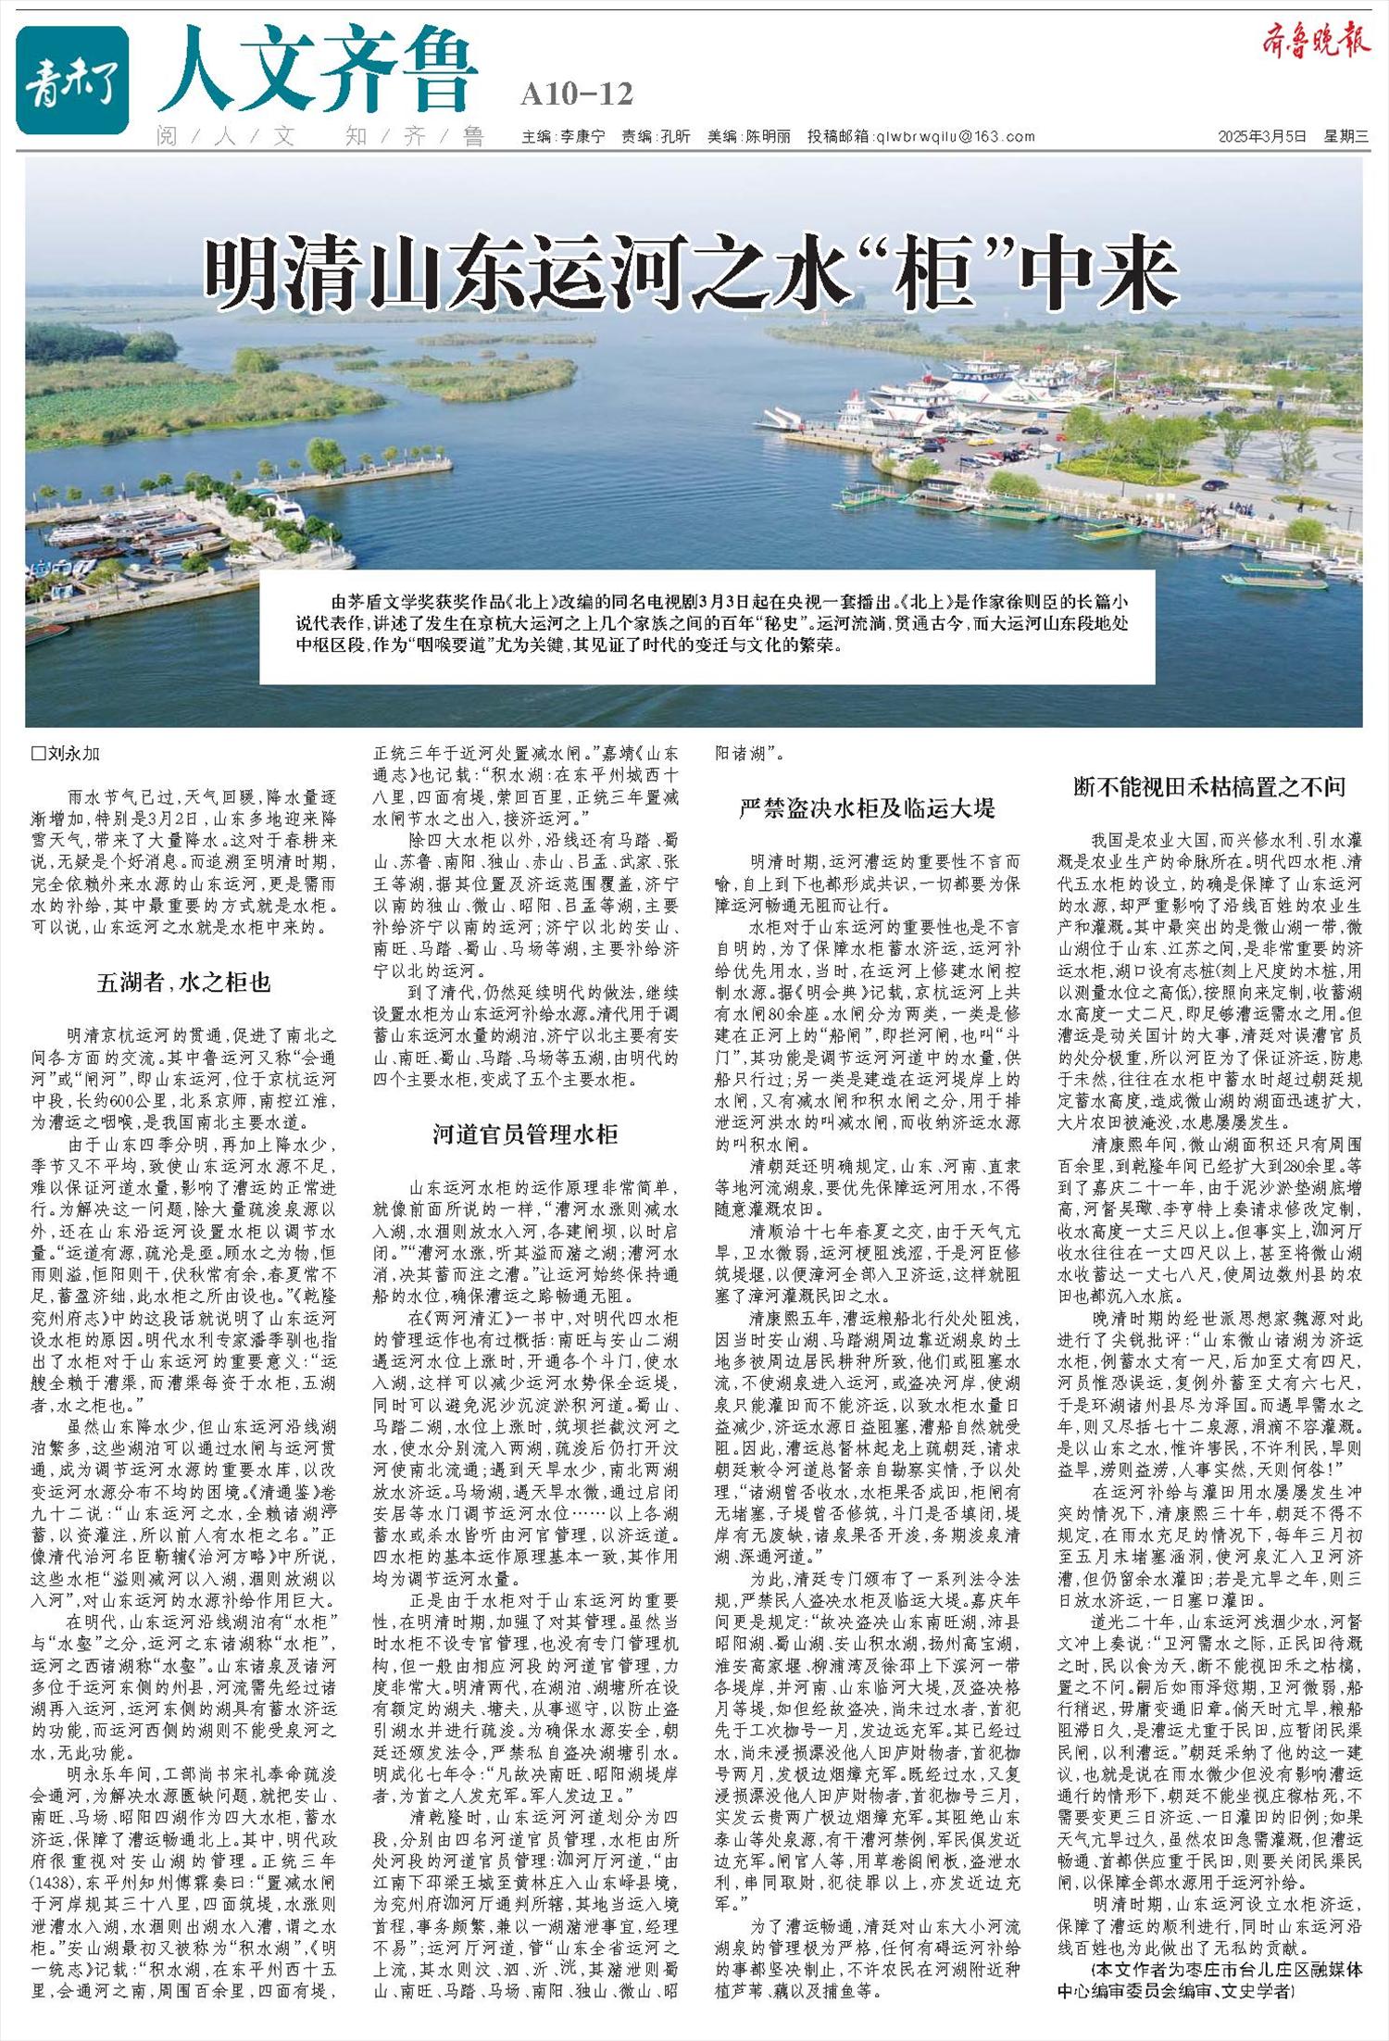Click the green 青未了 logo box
point(72,80)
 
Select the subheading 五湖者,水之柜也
point(183,983)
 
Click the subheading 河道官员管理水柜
point(525,1135)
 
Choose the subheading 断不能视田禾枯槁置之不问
point(1209,787)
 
